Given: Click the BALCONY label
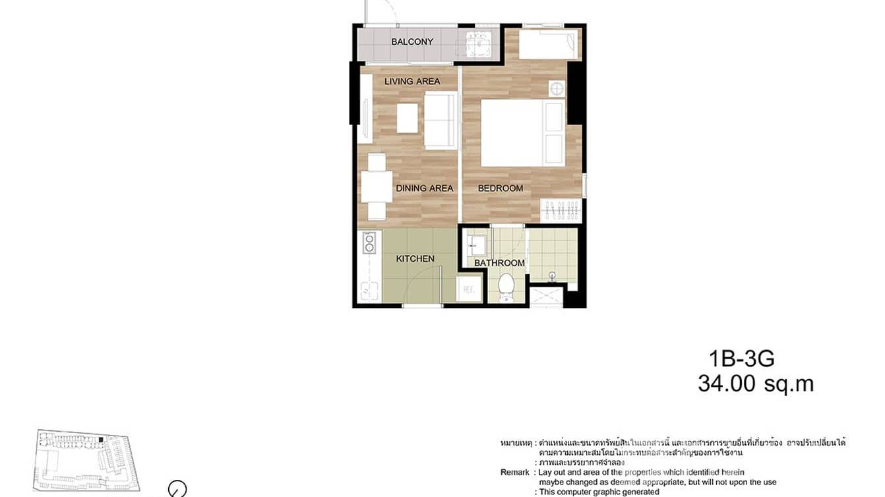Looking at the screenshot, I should [x=412, y=42].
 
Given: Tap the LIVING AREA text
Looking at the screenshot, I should [x=412, y=81].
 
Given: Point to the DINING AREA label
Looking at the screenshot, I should [x=425, y=188].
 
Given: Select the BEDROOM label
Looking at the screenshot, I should [x=501, y=188].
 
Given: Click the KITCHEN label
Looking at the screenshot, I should [x=415, y=258].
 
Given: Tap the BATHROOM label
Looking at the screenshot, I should [x=500, y=263].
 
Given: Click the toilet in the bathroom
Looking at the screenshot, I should [x=506, y=286].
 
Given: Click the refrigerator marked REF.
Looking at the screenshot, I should [x=469, y=289].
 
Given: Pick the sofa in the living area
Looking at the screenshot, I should [x=441, y=120].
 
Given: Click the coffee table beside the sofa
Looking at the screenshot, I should [x=407, y=118].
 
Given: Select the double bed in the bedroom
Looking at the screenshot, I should [x=522, y=132].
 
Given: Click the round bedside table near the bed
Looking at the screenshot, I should [x=557, y=88].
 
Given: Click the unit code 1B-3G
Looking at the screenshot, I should [x=741, y=359].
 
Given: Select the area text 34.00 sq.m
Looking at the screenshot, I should [x=756, y=384].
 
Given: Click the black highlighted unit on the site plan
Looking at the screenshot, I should [x=100, y=440].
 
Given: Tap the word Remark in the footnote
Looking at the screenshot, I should [x=515, y=473].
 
